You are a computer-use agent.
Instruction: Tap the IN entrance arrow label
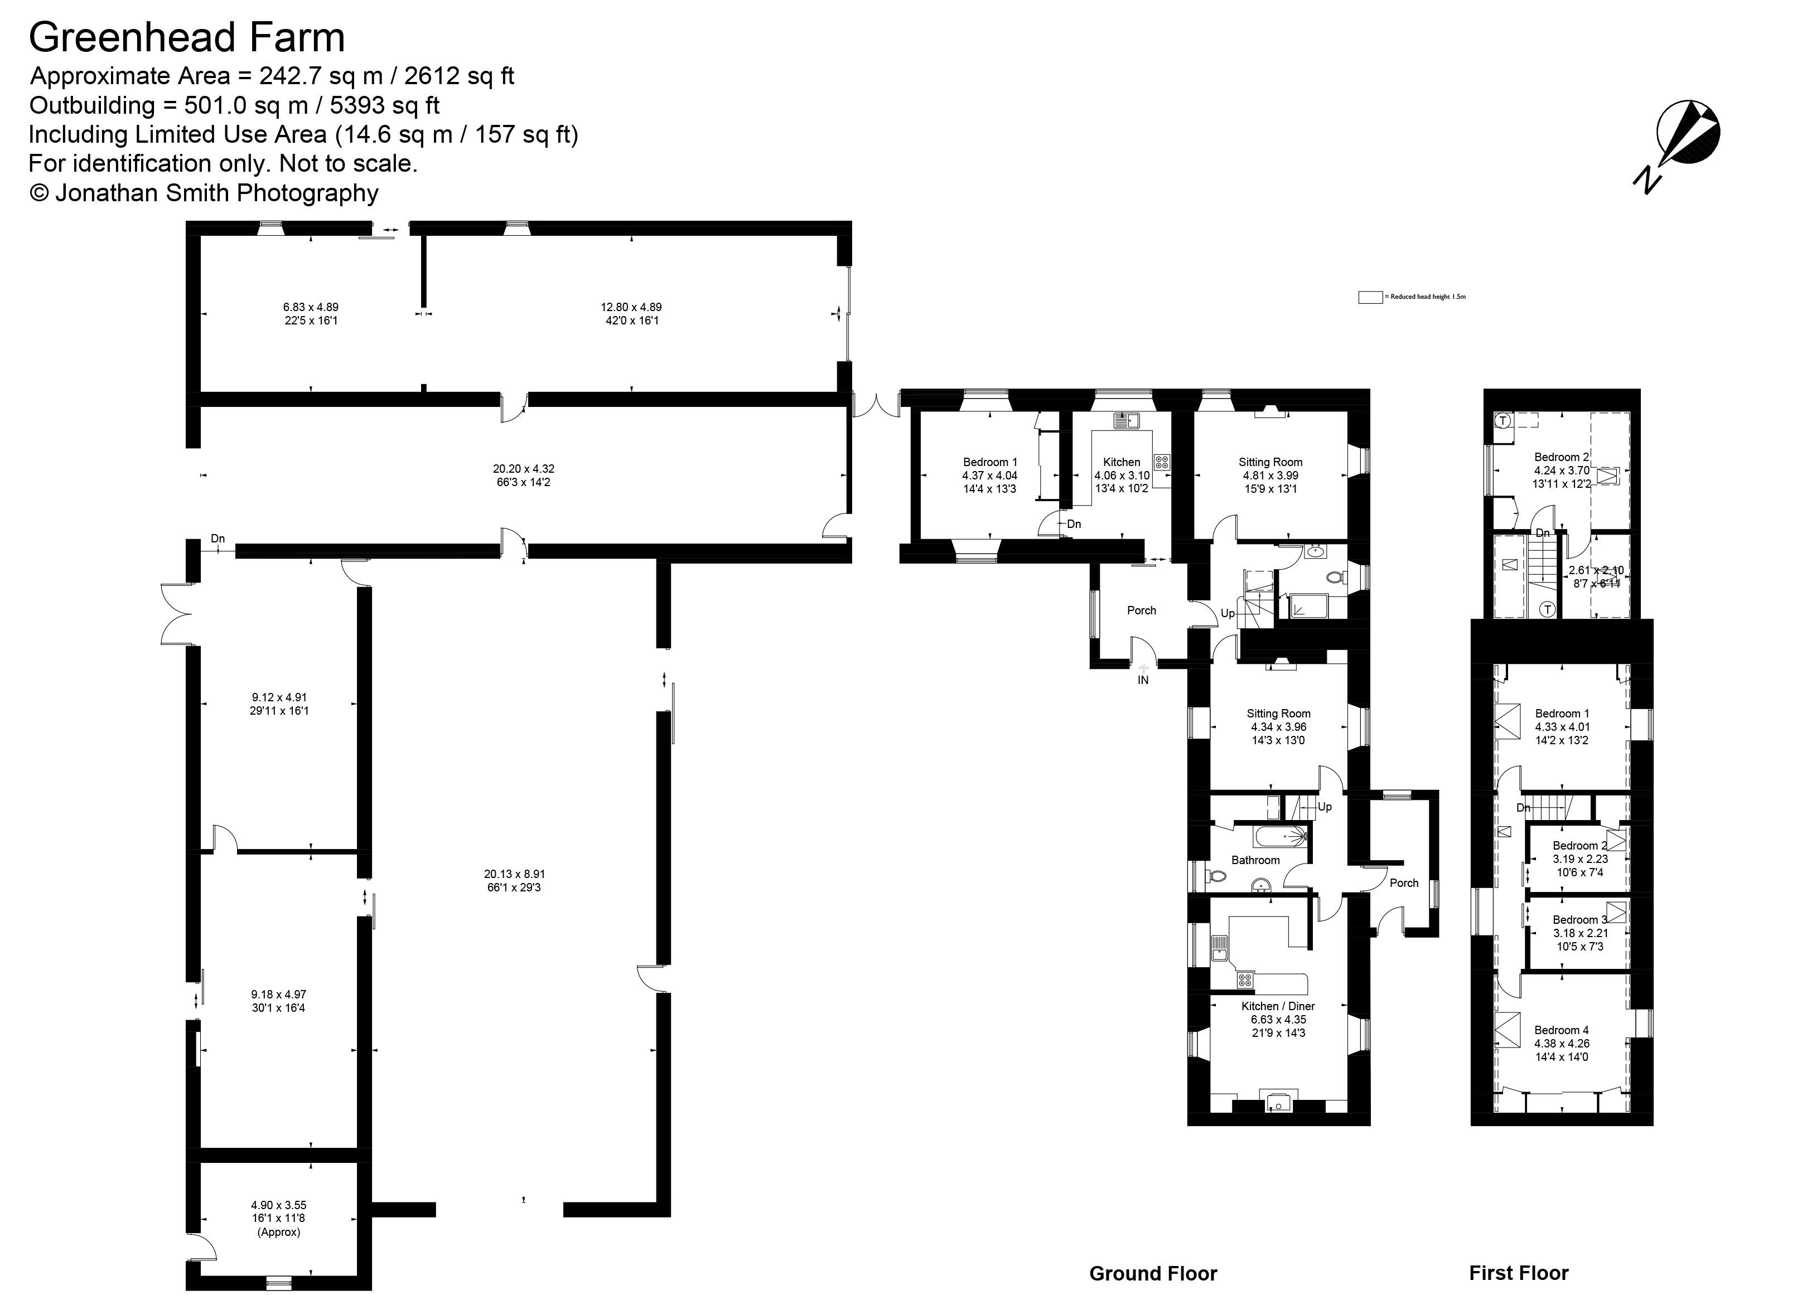coord(1143,679)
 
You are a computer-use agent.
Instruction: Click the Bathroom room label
coord(1255,860)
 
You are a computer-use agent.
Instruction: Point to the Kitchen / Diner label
coord(1278,1006)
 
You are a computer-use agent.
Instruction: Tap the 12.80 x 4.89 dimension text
coord(631,307)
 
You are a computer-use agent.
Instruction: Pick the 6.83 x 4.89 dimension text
coord(311,307)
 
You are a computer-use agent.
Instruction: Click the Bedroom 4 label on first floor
coord(1561,1030)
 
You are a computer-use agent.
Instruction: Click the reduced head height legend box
coord(1370,297)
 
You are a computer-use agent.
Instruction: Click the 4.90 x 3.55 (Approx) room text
coord(279,1218)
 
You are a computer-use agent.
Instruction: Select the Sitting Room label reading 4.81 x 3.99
coord(1270,462)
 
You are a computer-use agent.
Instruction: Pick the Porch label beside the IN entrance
coord(1141,610)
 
